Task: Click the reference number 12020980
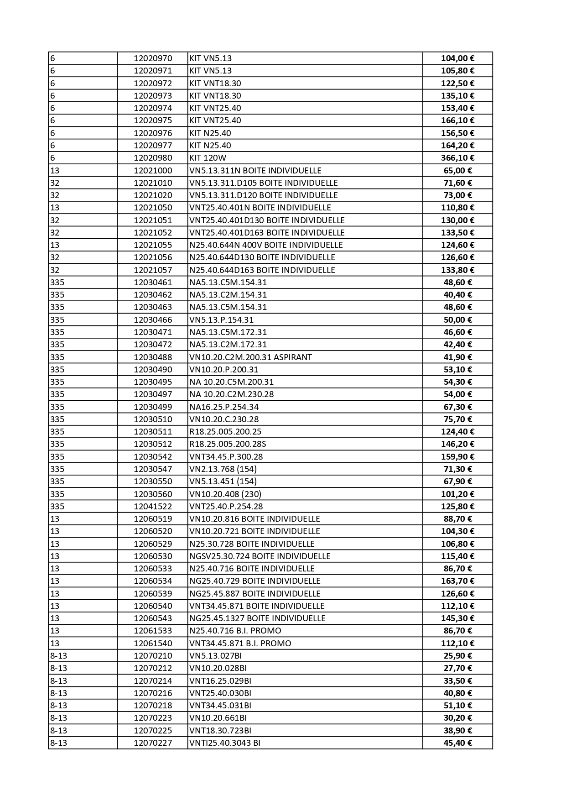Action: (x=153, y=158)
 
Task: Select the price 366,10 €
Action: (x=457, y=158)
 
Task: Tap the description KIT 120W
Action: (x=208, y=158)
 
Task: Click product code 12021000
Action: (x=153, y=171)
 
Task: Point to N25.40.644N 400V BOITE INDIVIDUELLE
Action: (x=266, y=245)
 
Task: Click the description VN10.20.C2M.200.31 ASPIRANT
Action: (x=250, y=357)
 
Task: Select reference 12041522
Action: (x=153, y=507)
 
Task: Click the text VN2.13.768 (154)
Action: (x=223, y=469)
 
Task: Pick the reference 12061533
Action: (x=153, y=631)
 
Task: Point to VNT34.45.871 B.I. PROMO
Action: (x=240, y=644)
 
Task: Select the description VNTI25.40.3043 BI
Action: (x=224, y=743)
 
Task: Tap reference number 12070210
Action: (x=153, y=656)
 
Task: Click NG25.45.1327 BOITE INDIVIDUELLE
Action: (x=257, y=618)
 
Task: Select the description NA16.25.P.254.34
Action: (x=227, y=407)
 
